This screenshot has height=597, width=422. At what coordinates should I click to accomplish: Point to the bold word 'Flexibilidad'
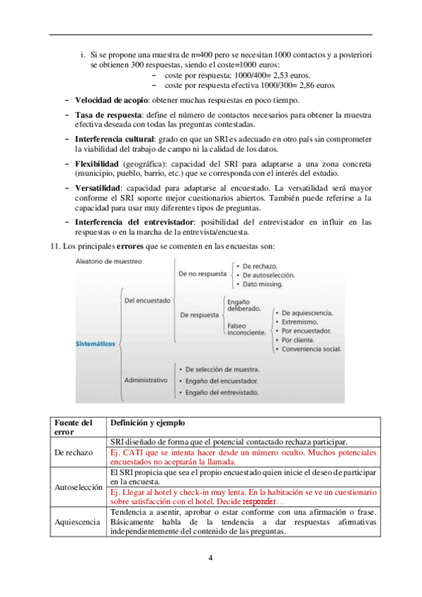coord(98,164)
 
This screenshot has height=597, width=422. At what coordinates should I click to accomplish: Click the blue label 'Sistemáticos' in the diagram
coord(96,344)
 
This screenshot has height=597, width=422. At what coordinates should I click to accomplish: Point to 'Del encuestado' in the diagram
coord(146,300)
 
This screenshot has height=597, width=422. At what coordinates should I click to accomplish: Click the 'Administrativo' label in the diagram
coord(146,379)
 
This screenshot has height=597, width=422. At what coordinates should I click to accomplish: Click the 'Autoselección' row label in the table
coord(78,486)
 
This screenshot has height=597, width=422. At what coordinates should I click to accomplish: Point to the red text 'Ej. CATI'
coord(127,451)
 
